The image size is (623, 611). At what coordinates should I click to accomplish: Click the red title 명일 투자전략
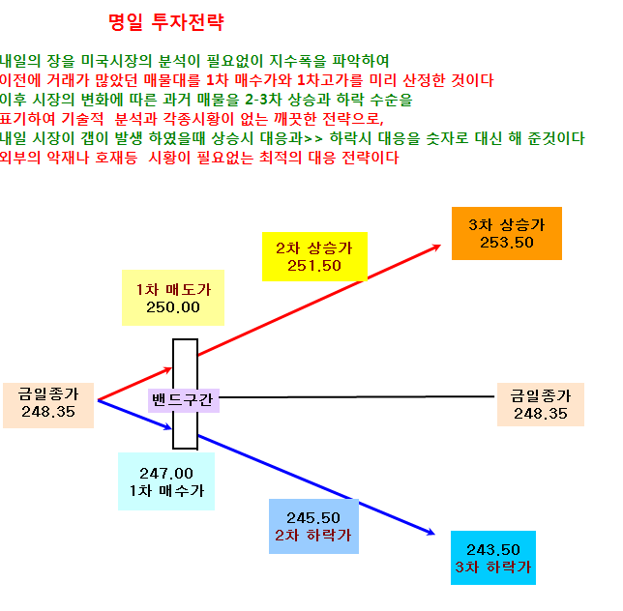click(166, 22)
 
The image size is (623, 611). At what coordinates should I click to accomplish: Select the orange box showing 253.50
click(507, 233)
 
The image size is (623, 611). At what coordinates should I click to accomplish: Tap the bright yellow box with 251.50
click(314, 256)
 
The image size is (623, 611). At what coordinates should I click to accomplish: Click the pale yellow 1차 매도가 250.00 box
click(173, 298)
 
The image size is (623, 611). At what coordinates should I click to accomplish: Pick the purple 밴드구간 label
click(184, 400)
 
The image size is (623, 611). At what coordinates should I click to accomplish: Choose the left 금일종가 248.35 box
click(48, 405)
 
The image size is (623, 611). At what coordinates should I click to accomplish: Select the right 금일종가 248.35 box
click(541, 404)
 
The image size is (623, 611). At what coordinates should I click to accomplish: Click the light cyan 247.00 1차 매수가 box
click(166, 481)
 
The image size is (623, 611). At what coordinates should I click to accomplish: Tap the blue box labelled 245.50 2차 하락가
click(313, 527)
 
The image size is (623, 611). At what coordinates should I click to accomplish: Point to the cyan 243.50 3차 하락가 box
click(493, 558)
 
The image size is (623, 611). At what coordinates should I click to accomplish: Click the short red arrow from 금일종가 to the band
click(134, 384)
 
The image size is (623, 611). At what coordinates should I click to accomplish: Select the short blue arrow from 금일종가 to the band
click(134, 415)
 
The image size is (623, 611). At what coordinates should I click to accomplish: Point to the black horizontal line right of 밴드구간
click(356, 396)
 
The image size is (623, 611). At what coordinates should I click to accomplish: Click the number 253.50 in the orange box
click(507, 243)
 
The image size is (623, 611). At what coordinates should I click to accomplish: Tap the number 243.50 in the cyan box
click(493, 550)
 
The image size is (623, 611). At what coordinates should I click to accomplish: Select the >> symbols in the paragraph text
click(313, 139)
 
